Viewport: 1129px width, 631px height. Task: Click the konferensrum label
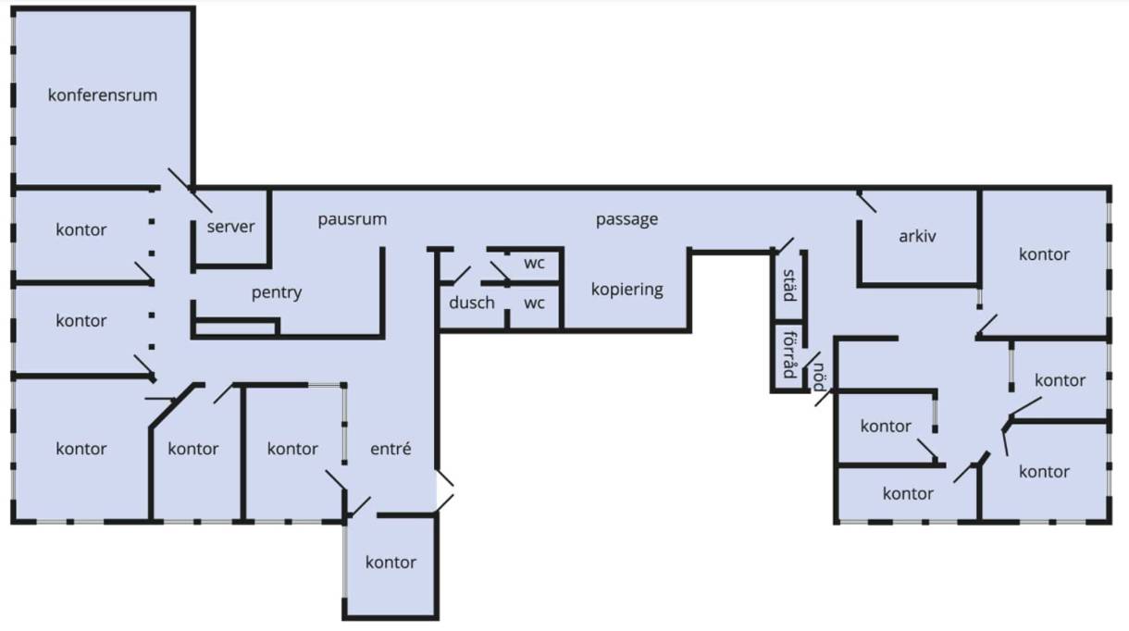pyautogui.click(x=103, y=94)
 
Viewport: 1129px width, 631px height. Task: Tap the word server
pyautogui.click(x=230, y=227)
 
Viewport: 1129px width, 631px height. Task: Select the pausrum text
pyautogui.click(x=352, y=219)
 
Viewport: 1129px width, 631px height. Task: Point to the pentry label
pyautogui.click(x=277, y=292)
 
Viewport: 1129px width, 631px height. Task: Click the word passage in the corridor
pyautogui.click(x=627, y=219)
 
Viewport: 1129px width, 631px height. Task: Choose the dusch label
pyautogui.click(x=472, y=303)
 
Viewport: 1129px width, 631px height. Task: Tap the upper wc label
pyautogui.click(x=534, y=262)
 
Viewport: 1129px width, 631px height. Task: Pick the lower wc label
pyautogui.click(x=534, y=303)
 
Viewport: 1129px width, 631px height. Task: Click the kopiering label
pyautogui.click(x=627, y=289)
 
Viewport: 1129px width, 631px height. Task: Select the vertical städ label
pyautogui.click(x=788, y=284)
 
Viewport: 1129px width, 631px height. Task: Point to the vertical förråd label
pyautogui.click(x=788, y=354)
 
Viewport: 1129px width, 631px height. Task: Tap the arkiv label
pyautogui.click(x=917, y=236)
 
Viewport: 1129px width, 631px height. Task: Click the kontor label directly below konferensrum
pyautogui.click(x=81, y=229)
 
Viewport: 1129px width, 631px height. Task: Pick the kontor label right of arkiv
pyautogui.click(x=1044, y=254)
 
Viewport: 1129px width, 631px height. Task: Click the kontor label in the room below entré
pyautogui.click(x=391, y=562)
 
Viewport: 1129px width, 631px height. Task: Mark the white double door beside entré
pyautogui.click(x=445, y=490)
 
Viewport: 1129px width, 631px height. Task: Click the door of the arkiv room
pyautogui.click(x=867, y=203)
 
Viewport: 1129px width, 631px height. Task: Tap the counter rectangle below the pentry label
pyautogui.click(x=235, y=326)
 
